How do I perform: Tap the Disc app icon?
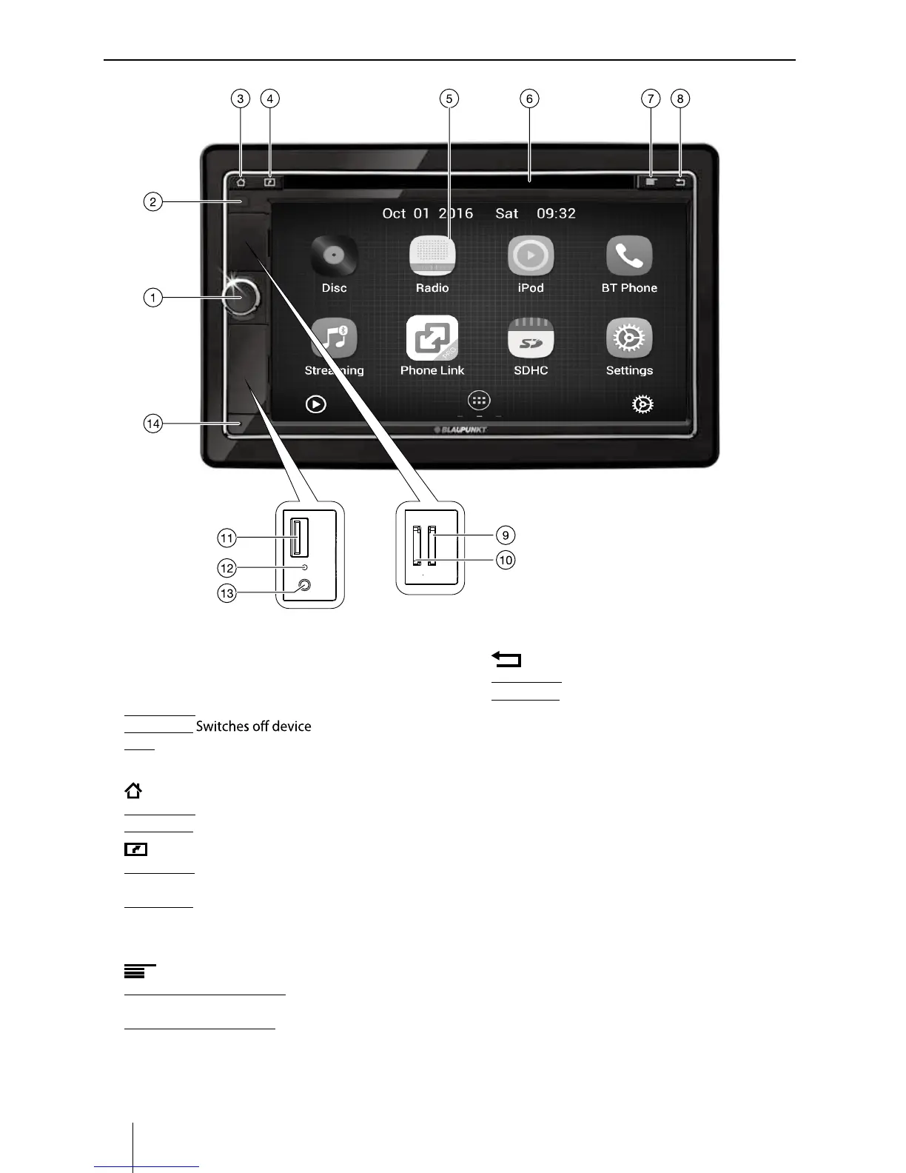coord(334,256)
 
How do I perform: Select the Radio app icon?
coord(432,256)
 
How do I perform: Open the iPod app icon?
coord(531,256)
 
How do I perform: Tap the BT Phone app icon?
coord(629,256)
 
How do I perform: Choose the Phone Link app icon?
coord(432,338)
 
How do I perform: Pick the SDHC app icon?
coord(531,338)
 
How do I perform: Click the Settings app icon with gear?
coord(629,338)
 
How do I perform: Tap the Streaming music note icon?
coord(334,338)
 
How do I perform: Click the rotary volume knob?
coord(242,296)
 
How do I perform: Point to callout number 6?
coord(529,98)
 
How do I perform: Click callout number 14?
coord(152,424)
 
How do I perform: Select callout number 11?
coord(226,538)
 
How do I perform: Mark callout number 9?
coord(506,535)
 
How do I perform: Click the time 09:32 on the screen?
coord(556,213)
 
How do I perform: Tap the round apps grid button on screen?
coord(479,401)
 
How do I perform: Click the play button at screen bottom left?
coord(316,404)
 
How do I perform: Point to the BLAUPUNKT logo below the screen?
coord(460,430)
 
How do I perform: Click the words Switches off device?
coord(253,726)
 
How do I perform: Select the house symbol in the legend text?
coord(133,791)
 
